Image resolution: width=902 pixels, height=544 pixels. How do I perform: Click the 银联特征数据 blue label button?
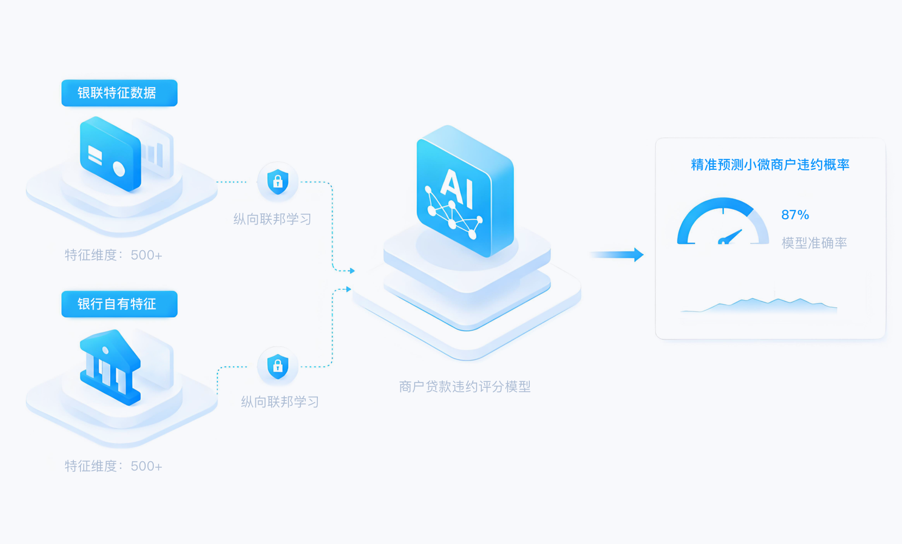119,92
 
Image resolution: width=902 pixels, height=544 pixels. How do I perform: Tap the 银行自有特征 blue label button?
119,304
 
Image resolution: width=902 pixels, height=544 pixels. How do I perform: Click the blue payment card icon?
110,154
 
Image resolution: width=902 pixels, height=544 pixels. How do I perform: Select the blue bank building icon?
110,367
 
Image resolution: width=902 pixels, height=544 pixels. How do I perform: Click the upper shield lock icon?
278,182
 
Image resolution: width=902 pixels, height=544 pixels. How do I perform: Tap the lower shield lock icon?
278,366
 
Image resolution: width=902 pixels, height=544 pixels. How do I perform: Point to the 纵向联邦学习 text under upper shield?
272,219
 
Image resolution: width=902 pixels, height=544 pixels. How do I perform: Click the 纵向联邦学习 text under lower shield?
280,401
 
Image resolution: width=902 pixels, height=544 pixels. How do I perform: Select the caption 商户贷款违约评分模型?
465,387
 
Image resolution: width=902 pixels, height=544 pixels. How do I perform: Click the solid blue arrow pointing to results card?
617,255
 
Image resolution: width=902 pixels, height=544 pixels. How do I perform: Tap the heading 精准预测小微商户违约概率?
770,164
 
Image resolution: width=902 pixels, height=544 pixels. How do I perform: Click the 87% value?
795,214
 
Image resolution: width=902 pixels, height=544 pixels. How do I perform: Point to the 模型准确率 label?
814,243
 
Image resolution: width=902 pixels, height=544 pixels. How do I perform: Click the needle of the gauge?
730,237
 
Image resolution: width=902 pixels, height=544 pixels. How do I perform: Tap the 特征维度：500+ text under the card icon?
114,255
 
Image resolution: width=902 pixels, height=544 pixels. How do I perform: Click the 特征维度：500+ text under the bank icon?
114,466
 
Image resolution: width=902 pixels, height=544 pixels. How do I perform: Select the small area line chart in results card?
759,305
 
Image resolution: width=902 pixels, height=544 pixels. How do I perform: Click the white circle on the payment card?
119,169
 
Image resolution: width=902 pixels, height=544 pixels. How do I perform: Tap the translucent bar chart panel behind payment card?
155,149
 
